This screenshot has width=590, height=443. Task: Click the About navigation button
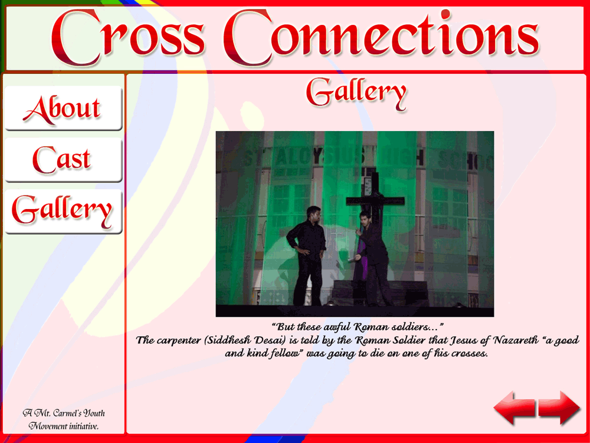click(x=63, y=109)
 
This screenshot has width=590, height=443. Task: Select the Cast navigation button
click(x=63, y=160)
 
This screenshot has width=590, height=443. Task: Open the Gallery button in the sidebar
click(x=63, y=211)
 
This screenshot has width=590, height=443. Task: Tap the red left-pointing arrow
click(x=514, y=408)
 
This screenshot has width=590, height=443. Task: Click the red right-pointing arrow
click(x=559, y=408)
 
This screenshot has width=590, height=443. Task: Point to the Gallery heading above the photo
click(x=356, y=93)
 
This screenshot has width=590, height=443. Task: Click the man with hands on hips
click(x=307, y=256)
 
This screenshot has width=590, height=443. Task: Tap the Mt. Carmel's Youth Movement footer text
click(x=64, y=419)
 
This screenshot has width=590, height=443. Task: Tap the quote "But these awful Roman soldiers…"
click(x=358, y=327)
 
